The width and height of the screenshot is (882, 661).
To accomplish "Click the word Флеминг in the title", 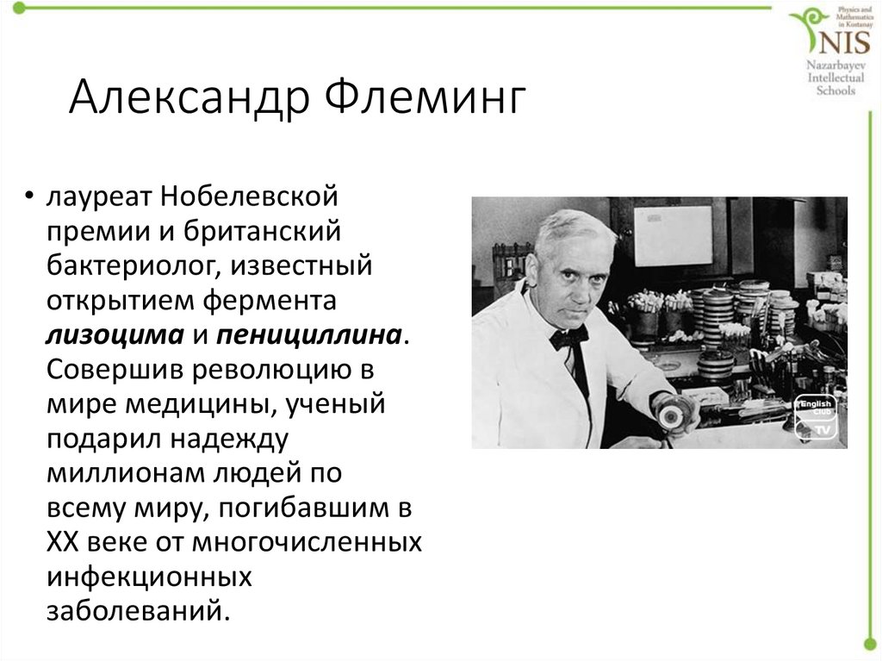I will point(424,99).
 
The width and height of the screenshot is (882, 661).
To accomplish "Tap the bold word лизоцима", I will point(115,334).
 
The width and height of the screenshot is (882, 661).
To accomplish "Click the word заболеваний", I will point(138,610).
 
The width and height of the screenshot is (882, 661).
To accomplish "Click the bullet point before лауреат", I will point(30,198).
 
